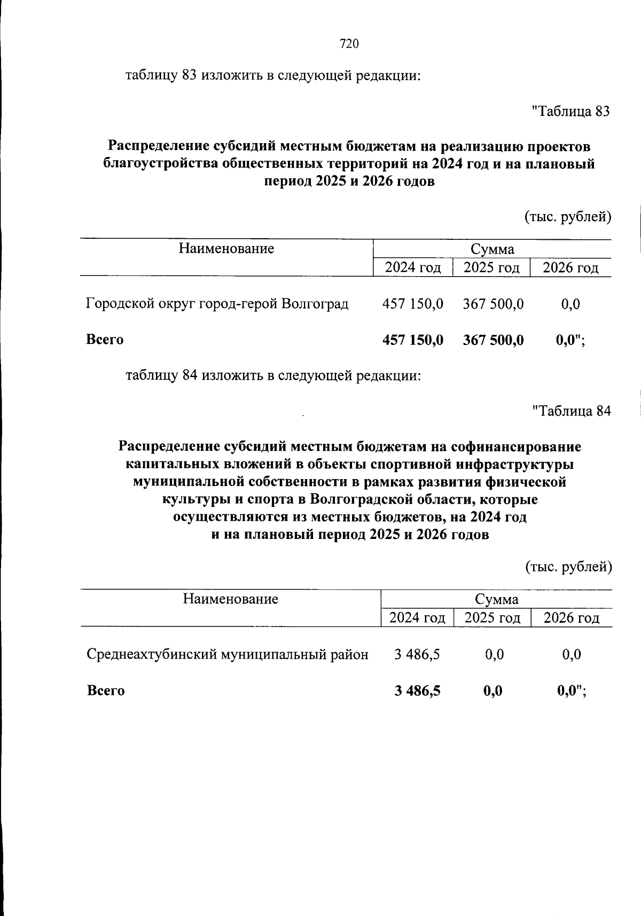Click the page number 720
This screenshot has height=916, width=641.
(x=349, y=44)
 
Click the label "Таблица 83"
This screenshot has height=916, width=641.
(x=571, y=112)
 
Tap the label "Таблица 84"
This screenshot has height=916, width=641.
(x=572, y=411)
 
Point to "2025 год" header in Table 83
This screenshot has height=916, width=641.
(x=491, y=267)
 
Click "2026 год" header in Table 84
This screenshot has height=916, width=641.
(x=571, y=618)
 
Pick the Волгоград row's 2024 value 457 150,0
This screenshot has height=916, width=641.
(x=412, y=304)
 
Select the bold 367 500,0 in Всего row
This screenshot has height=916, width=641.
(x=493, y=340)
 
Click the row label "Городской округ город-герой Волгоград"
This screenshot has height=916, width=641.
(x=217, y=304)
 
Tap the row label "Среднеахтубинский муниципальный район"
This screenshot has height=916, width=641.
(x=228, y=654)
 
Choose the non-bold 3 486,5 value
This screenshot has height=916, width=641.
(x=417, y=654)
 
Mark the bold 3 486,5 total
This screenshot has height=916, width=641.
(x=417, y=691)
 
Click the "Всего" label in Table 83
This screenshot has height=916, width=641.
(x=105, y=340)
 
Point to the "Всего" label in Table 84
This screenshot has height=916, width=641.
(x=106, y=691)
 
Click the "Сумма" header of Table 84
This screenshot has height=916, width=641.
(x=497, y=599)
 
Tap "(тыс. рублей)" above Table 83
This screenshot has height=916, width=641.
(x=568, y=217)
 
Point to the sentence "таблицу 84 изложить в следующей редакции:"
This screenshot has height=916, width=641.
(x=273, y=376)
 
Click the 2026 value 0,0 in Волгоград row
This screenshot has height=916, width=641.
(x=570, y=304)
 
